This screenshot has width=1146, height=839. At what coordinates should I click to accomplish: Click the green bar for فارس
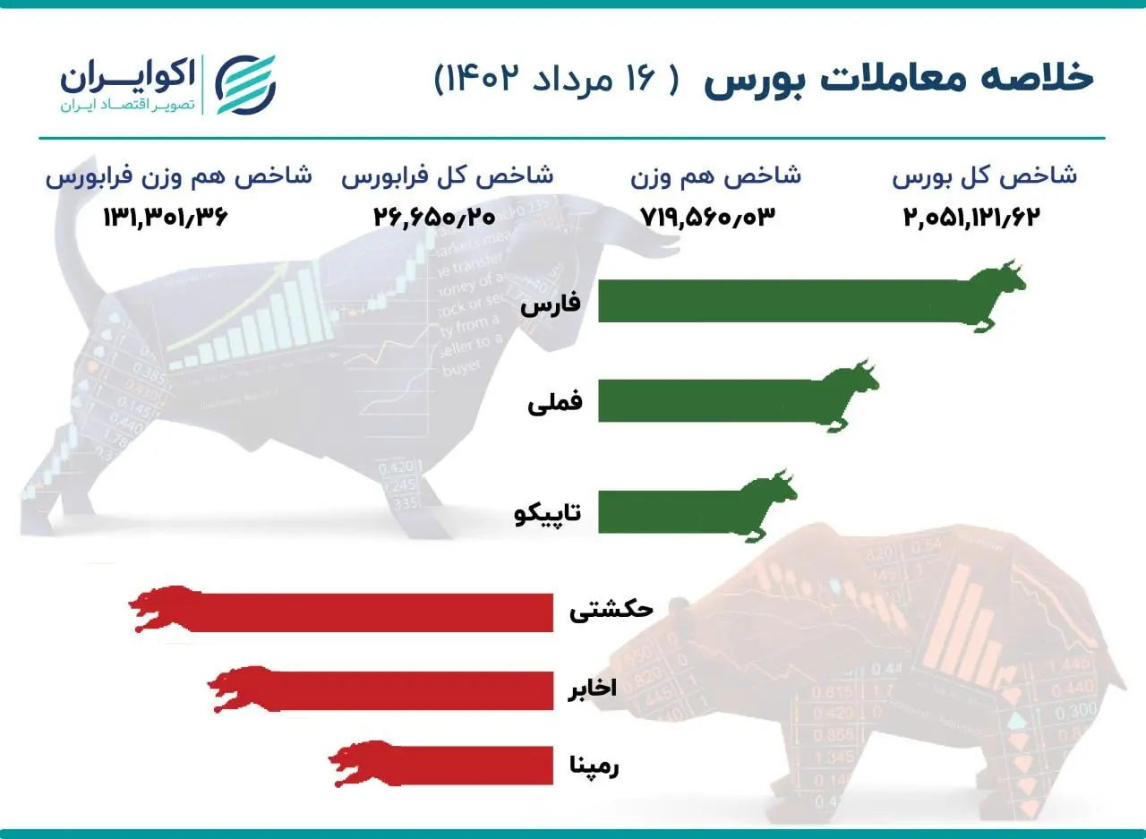[779, 301]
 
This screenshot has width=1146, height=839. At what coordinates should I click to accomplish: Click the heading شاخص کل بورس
[984, 176]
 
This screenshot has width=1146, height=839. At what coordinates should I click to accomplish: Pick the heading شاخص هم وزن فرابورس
[179, 176]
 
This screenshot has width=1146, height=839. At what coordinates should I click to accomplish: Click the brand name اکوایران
[127, 76]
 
